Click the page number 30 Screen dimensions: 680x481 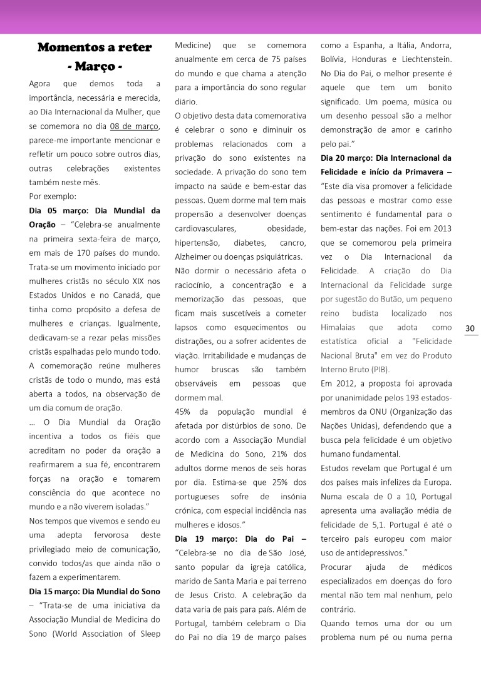point(470,329)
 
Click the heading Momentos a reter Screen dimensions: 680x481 point(95,48)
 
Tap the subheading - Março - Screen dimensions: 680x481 point(95,66)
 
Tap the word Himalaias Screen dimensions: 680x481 point(338,327)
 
